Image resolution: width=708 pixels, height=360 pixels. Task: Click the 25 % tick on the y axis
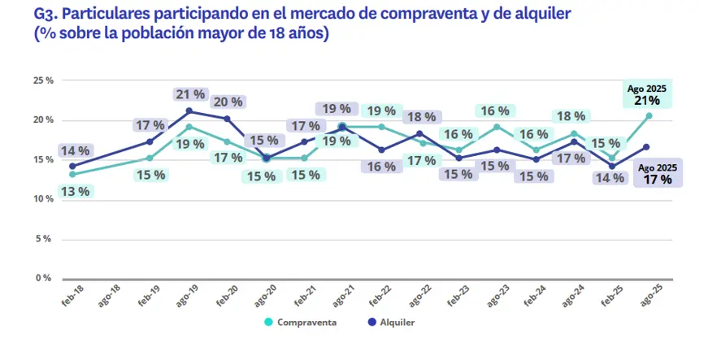[x=42, y=80]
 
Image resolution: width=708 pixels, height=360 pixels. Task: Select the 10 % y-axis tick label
[x=42, y=199]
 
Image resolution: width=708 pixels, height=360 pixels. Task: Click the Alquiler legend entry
[x=391, y=322]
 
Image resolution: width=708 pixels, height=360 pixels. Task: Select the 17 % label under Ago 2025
[x=658, y=179]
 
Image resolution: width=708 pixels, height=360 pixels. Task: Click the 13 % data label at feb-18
[x=73, y=192]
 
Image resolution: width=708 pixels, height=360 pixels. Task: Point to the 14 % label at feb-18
[x=73, y=150]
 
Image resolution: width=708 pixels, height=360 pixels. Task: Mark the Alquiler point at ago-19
[x=189, y=111]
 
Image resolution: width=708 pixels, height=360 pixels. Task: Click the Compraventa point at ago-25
[x=649, y=115]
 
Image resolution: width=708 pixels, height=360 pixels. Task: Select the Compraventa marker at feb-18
[x=72, y=174]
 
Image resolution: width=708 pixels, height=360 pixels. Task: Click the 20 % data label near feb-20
[x=227, y=102]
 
